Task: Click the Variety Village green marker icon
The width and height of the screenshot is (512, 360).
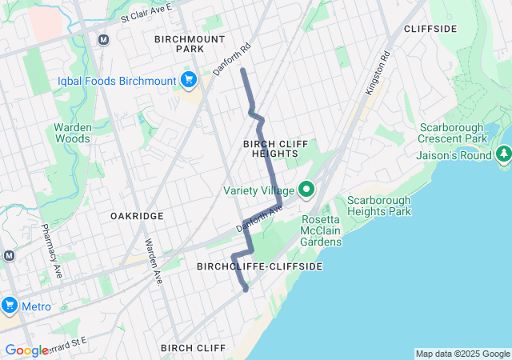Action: [306, 190]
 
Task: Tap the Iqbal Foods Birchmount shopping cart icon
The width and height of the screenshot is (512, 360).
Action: [189, 78]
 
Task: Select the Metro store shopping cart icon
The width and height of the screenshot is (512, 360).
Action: [10, 306]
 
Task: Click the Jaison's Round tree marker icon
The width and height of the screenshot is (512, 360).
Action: [503, 154]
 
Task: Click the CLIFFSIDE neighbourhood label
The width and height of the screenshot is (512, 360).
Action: [430, 29]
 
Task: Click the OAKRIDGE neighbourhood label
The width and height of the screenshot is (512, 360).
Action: [137, 216]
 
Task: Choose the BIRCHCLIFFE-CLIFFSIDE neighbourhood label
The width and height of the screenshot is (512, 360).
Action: [259, 266]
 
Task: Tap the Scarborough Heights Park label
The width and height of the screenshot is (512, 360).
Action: [378, 206]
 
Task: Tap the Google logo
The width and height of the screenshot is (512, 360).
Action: [26, 350]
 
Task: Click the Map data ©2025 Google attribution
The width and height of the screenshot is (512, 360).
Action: [462, 354]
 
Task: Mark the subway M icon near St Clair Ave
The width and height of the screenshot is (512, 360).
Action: [103, 39]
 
